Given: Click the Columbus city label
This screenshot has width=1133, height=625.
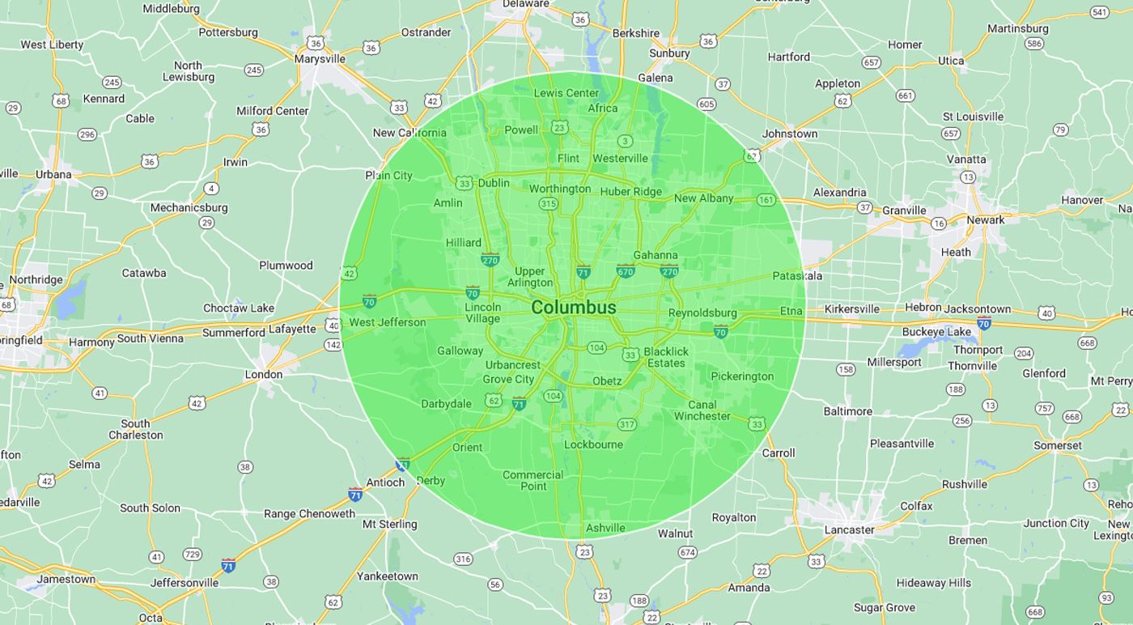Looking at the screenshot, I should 574,308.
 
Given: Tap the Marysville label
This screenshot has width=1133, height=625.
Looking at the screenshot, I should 320,59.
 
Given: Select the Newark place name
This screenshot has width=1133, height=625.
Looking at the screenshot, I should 985,219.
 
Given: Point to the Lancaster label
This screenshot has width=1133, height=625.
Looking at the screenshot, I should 849,530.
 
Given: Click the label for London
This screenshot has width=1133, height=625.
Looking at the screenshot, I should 264,374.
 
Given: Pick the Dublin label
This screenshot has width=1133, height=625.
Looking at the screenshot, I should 494,183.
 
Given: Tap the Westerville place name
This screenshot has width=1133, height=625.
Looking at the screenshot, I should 620,158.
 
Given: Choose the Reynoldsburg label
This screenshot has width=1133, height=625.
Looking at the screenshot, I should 702,313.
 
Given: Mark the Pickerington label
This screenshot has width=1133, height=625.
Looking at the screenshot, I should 742,376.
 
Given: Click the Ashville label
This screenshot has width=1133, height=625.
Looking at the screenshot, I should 605,528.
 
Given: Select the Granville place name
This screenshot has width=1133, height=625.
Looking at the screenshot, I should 904,210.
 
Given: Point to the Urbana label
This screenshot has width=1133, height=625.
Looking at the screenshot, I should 53,174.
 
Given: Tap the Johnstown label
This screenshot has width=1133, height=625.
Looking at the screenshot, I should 790,134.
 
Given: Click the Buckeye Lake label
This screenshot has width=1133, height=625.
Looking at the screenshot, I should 936,332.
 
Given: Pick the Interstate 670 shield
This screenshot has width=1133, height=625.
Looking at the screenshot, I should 626,270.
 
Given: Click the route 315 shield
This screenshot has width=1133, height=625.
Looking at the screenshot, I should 548,203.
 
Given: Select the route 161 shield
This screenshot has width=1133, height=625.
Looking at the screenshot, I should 766,200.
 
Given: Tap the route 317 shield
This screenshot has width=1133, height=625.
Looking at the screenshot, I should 626,424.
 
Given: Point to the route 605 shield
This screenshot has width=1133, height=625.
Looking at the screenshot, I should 706,104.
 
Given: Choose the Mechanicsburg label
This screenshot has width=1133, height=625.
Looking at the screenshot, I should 189,207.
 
